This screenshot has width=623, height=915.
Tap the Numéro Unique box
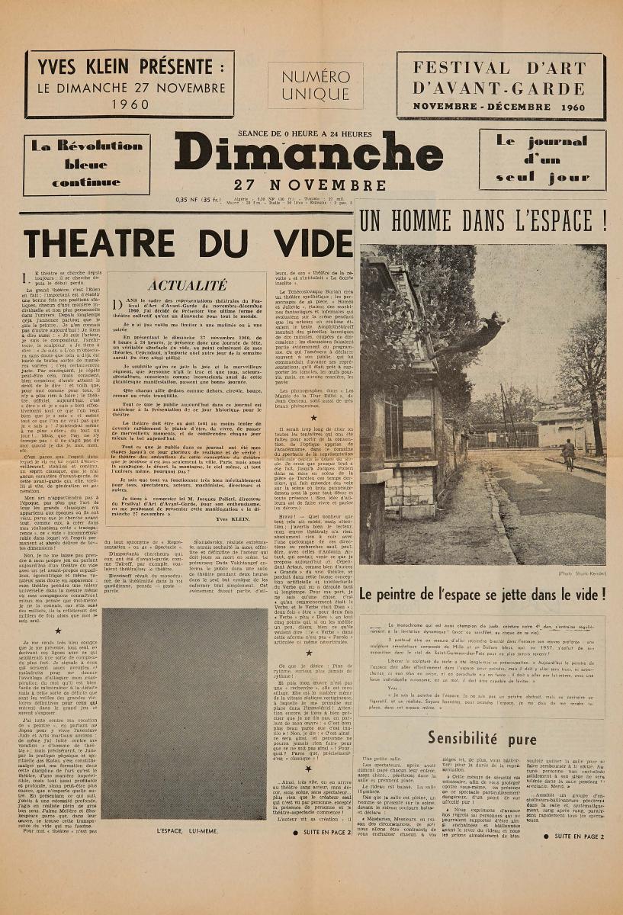pyautogui.click(x=315, y=85)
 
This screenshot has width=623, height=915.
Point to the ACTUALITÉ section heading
pyautogui.click(x=186, y=285)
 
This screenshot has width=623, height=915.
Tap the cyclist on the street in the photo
pyautogui.click(x=568, y=454)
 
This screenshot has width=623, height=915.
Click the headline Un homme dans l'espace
pyautogui.click(x=483, y=223)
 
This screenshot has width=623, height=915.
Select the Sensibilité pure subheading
pyautogui.click(x=482, y=738)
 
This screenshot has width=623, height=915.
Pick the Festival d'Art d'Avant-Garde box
pyautogui.click(x=499, y=86)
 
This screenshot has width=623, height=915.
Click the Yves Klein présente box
pyautogui.click(x=130, y=84)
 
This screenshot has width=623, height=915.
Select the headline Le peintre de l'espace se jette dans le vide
pyautogui.click(x=481, y=593)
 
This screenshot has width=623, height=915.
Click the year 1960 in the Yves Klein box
pyautogui.click(x=130, y=104)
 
